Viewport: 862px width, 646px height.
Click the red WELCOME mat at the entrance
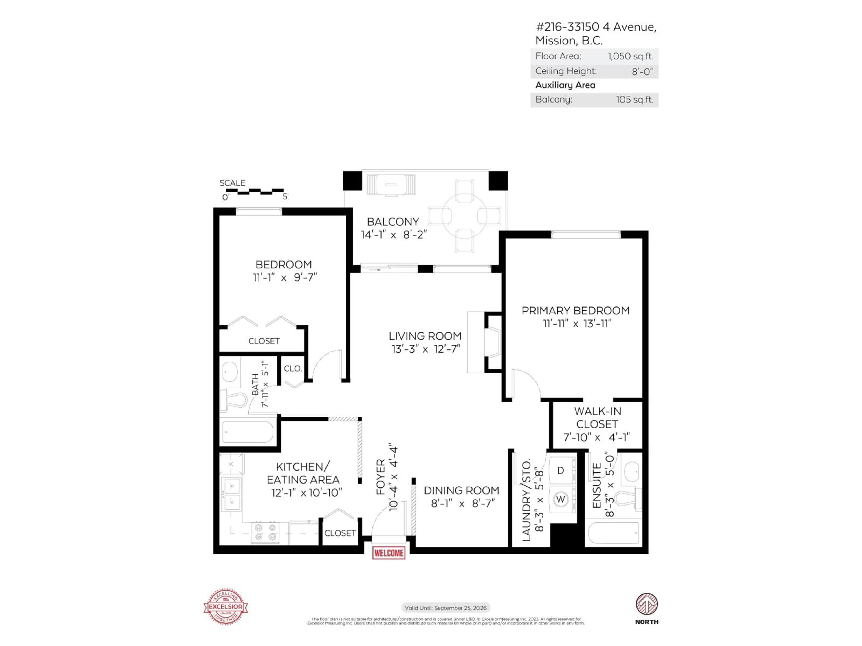pos(389,553)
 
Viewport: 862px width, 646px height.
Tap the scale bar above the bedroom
pos(255,191)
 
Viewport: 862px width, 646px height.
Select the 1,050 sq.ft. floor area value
pos(630,56)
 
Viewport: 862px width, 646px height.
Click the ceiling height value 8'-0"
pos(642,71)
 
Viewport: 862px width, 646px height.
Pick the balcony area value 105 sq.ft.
pos(634,100)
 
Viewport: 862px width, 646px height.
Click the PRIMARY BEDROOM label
pos(575,311)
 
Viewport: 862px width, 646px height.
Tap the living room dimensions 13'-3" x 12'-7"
pos(426,349)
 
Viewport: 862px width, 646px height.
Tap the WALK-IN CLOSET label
pos(597,417)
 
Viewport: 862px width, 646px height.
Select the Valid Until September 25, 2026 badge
pos(445,607)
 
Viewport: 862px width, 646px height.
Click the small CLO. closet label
pos(293,368)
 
